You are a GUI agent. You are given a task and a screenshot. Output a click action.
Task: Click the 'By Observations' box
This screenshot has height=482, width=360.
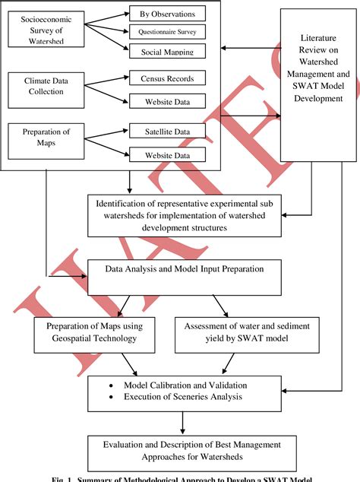(167, 14)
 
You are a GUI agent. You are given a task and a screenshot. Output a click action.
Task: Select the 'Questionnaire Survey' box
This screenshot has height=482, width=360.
(167, 33)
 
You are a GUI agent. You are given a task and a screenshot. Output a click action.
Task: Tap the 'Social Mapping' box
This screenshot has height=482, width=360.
(167, 51)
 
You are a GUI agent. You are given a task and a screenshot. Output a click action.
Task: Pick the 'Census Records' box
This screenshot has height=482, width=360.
(167, 79)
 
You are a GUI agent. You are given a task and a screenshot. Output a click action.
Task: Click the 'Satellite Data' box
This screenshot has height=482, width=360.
(167, 131)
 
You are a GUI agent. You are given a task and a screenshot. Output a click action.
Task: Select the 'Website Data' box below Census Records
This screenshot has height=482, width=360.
(167, 100)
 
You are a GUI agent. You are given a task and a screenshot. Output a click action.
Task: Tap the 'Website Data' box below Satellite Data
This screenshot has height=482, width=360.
(167, 154)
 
